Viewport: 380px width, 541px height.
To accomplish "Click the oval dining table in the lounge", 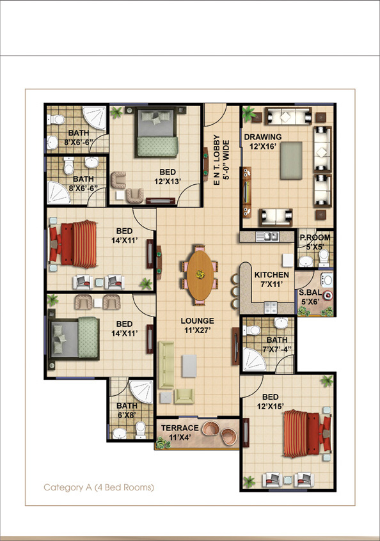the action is tap(200, 275).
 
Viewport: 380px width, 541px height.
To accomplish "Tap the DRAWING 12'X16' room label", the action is tap(263, 141).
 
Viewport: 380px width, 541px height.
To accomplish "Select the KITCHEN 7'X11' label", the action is tap(272, 279).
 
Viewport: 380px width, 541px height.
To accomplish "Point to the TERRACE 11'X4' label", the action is tap(180, 433).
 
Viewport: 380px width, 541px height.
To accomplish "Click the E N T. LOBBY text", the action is tap(217, 160).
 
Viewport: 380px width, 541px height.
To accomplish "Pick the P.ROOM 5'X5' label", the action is tap(315, 242).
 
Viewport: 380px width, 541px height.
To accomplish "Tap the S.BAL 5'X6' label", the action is tap(310, 297).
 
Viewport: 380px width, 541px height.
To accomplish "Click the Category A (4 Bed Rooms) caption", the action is tap(99, 487).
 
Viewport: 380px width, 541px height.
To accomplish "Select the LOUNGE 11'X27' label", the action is tap(198, 325).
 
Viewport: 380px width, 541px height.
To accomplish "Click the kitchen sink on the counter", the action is tap(267, 237).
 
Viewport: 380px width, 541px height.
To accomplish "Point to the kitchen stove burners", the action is tap(270, 308).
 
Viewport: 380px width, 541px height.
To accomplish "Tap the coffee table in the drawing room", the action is tap(291, 161).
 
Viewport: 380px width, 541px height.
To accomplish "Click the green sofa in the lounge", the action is tap(166, 365).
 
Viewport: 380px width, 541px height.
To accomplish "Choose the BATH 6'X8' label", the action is tap(127, 411).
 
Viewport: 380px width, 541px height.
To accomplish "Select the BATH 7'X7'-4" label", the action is tap(277, 344).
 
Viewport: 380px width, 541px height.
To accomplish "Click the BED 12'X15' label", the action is tap(270, 401).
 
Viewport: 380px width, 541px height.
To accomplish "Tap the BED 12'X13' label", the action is tap(168, 176).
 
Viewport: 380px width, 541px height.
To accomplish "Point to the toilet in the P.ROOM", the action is tap(324, 258).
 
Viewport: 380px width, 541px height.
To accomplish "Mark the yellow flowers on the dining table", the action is tap(200, 274).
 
